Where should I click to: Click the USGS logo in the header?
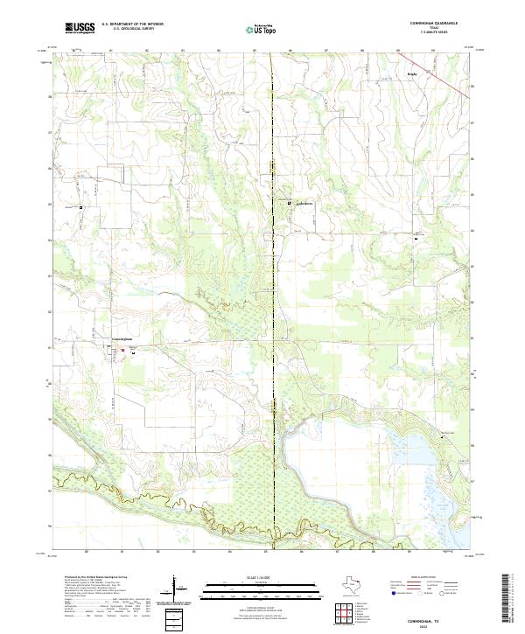pos(80,28)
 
